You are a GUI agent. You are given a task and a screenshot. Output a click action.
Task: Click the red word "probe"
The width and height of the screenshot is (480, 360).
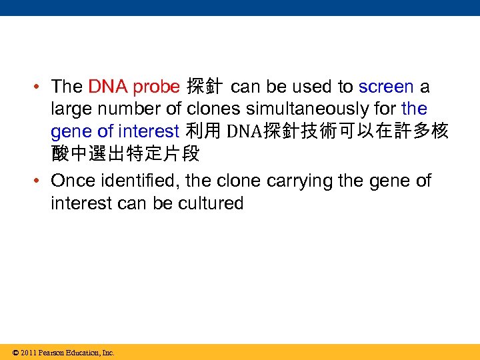[x=156, y=87]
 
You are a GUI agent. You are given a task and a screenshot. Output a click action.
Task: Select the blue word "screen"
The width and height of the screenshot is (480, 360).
[x=385, y=87]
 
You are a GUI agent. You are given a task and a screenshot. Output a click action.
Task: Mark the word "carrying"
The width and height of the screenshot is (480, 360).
[x=307, y=181]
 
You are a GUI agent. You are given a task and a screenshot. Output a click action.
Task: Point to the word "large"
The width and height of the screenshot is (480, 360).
[x=69, y=108]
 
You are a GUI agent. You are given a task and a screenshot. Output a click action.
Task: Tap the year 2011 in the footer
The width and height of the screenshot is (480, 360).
[x=29, y=353]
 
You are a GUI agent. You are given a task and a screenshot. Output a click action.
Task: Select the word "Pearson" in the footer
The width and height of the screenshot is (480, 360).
[x=52, y=353]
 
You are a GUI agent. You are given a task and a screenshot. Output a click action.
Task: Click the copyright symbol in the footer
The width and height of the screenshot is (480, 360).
[x=15, y=353]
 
